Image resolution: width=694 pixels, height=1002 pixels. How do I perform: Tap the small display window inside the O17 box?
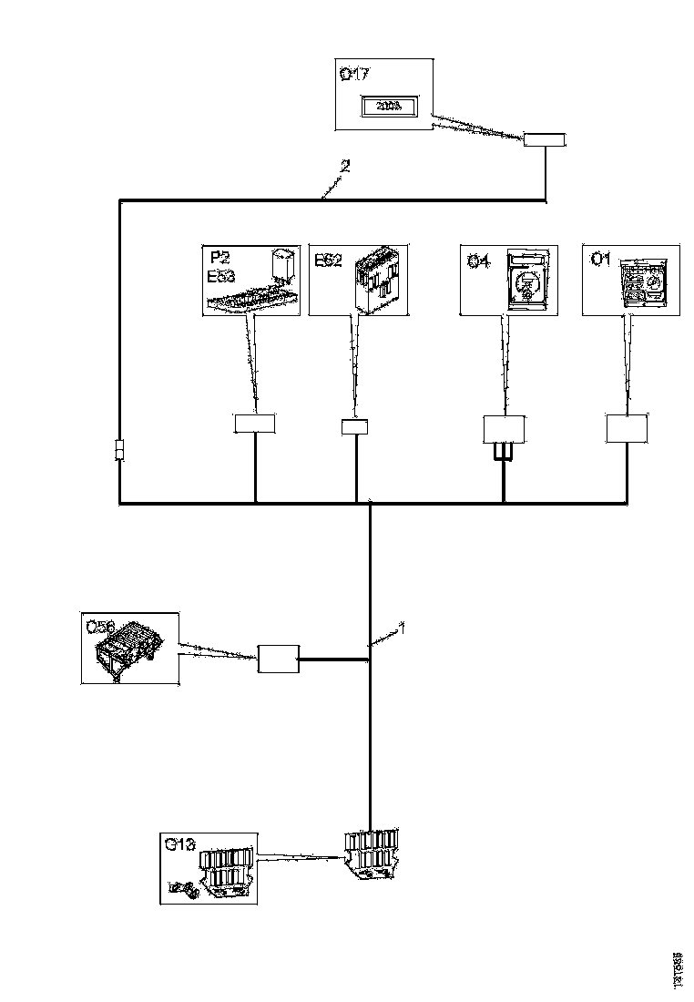tap(389, 107)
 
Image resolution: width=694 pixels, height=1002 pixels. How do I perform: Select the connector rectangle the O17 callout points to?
tap(545, 140)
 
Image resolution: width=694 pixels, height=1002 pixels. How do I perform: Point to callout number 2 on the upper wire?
tap(344, 166)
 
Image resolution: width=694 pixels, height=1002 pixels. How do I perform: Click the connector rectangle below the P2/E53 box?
tap(254, 423)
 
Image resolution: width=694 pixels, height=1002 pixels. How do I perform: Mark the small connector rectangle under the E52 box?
tap(354, 426)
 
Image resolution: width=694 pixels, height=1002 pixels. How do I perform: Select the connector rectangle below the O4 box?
tap(504, 429)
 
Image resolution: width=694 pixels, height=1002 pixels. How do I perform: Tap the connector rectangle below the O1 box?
tap(627, 428)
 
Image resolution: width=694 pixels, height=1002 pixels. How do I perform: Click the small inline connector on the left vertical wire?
tap(119, 451)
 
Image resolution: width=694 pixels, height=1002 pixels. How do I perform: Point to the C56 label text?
tap(99, 627)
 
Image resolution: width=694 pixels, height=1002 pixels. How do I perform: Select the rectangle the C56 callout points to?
tap(279, 659)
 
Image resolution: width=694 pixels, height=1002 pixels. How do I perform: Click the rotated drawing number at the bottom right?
tap(678, 969)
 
